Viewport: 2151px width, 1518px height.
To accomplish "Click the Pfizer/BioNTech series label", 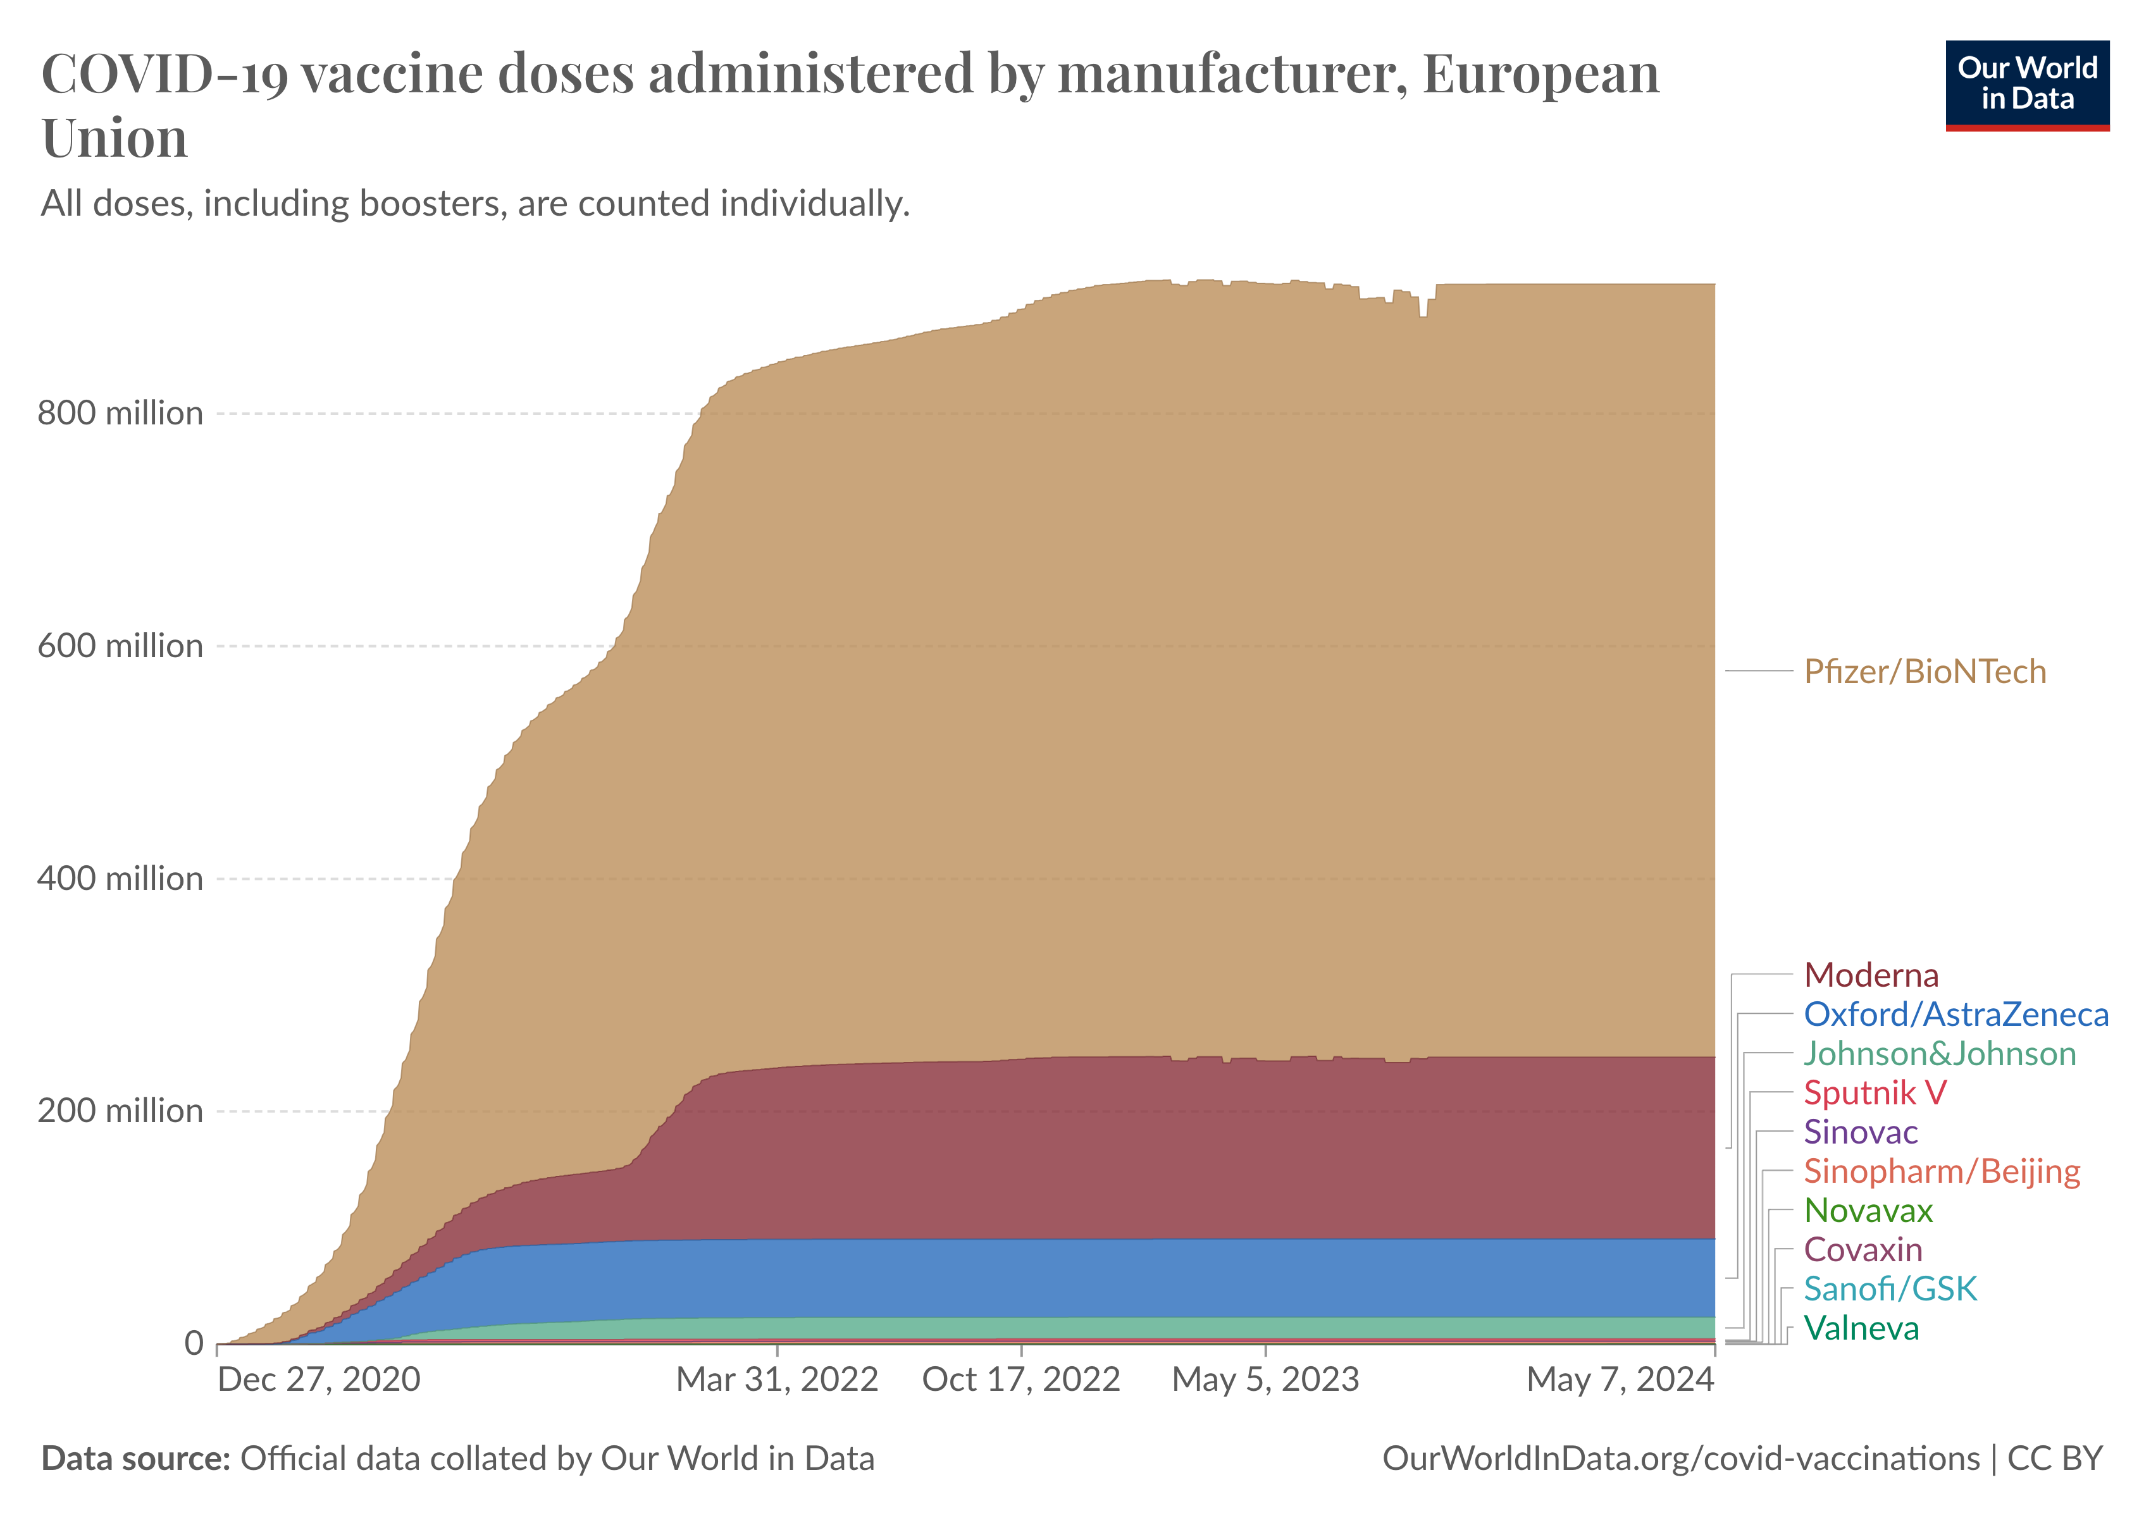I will pos(1925,672).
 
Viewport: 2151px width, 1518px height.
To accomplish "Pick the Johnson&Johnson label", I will pos(1939,1054).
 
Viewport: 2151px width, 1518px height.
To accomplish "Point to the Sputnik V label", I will pos(1875,1093).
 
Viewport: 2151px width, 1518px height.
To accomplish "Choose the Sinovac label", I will pos(1861,1132).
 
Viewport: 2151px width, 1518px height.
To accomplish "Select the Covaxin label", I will pos(1863,1250).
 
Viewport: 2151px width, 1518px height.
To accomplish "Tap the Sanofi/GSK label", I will pos(1890,1290).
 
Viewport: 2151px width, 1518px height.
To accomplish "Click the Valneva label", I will pos(1861,1329).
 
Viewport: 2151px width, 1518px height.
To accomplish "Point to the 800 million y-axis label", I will pos(120,413).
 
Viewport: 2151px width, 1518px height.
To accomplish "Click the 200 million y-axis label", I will pos(120,1111).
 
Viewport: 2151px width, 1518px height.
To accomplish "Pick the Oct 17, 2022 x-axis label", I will pos(1021,1379).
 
